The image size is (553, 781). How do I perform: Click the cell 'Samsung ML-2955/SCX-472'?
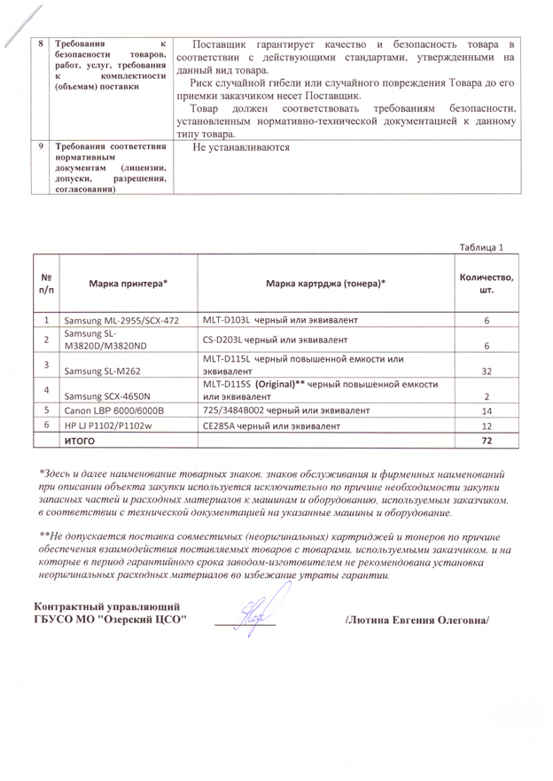click(122, 320)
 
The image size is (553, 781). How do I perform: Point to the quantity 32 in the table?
click(487, 372)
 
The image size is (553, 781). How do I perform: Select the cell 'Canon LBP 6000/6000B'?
click(114, 411)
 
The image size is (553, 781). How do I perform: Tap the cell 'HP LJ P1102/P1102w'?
click(110, 426)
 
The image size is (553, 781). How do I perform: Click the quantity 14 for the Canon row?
click(487, 411)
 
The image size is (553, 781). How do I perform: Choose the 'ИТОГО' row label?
click(80, 441)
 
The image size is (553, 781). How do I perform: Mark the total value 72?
click(487, 441)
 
